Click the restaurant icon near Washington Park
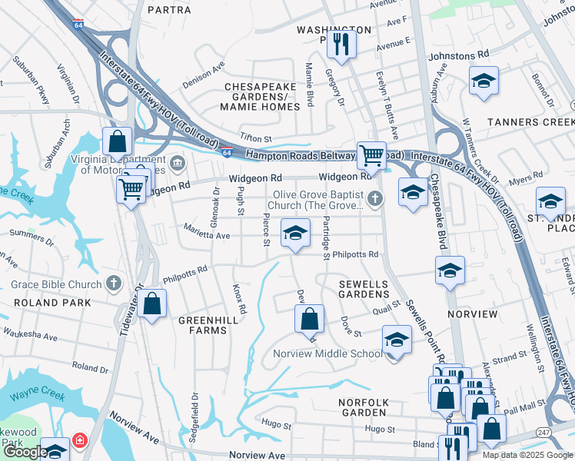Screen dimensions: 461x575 click(x=338, y=43)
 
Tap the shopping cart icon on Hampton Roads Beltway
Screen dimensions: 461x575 click(x=371, y=154)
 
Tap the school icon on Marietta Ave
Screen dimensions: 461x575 click(x=294, y=234)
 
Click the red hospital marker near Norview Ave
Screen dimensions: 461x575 click(x=80, y=441)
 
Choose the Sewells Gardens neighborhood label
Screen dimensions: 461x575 click(x=364, y=290)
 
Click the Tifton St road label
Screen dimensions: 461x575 click(x=257, y=138)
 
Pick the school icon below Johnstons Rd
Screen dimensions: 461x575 click(x=483, y=81)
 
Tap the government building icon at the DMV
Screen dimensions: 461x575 click(x=178, y=163)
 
